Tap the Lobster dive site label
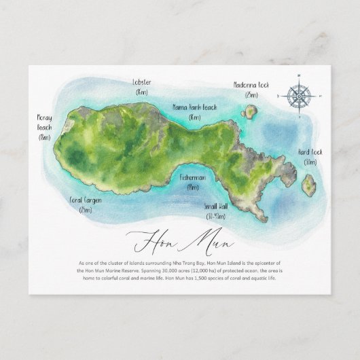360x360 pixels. (143, 83)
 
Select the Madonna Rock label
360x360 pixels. (251, 85)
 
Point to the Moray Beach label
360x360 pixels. (45, 122)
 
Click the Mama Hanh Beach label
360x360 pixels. (194, 107)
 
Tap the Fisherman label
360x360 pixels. (193, 177)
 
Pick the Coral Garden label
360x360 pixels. (85, 200)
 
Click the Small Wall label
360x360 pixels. (215, 206)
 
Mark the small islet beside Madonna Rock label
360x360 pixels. (251, 110)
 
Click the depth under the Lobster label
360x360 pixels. (142, 92)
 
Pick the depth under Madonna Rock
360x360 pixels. (251, 94)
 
